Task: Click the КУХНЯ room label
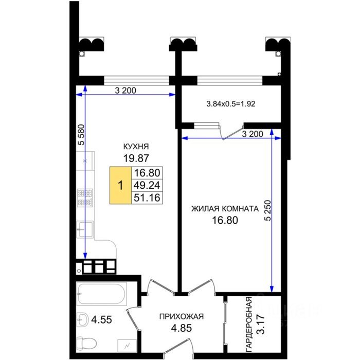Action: (136, 147)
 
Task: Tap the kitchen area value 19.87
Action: (136, 158)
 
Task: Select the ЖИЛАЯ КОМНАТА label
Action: (225, 209)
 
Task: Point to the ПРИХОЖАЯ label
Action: (182, 317)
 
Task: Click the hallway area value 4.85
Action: (182, 328)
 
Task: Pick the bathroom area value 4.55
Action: (101, 319)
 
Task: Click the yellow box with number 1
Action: (120, 185)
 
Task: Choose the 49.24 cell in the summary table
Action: (147, 185)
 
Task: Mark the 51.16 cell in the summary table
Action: (147, 197)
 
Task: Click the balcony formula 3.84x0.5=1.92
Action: (231, 104)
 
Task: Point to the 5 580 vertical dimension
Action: (81, 135)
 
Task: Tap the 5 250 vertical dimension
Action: (268, 210)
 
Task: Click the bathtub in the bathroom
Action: (101, 294)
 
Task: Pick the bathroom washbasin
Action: (82, 319)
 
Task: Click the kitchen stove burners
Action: (85, 198)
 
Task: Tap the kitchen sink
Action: (85, 229)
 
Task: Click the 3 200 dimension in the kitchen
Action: (125, 91)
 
